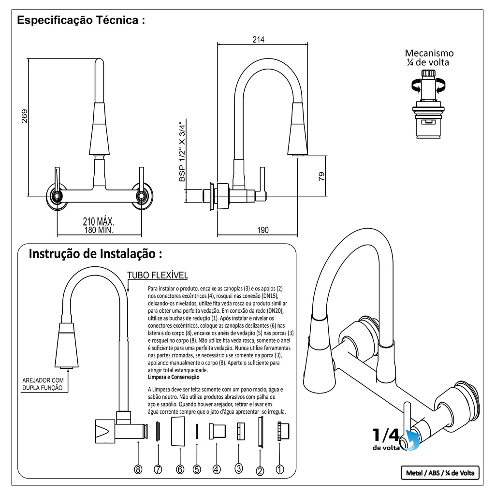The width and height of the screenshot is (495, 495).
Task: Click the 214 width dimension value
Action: (x=258, y=40)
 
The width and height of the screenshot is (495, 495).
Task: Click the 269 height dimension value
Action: (x=25, y=116)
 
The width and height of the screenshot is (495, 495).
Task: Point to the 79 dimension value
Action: (x=322, y=177)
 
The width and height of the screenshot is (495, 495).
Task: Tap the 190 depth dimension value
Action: (x=262, y=230)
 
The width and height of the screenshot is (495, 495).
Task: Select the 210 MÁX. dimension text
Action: (x=99, y=222)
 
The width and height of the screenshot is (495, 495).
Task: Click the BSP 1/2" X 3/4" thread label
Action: (x=182, y=151)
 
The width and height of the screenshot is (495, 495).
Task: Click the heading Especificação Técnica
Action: (x=81, y=20)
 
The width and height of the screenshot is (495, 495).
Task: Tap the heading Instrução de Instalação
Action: (x=96, y=254)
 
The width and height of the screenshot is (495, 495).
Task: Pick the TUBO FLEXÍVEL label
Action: (x=157, y=276)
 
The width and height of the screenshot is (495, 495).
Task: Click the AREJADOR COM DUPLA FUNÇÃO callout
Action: (x=44, y=384)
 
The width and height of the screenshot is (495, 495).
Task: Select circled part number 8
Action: (x=139, y=469)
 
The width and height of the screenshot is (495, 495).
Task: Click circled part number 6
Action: (x=180, y=469)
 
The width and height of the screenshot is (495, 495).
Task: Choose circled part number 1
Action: (x=279, y=469)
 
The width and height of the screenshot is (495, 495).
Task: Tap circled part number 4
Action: (x=217, y=469)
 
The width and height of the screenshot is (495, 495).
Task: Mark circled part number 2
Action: (x=260, y=471)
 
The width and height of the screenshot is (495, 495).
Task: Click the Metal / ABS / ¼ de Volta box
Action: (x=439, y=473)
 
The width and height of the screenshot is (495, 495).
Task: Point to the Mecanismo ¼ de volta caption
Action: (x=429, y=58)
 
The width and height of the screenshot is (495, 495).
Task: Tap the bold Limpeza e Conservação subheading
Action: (x=174, y=377)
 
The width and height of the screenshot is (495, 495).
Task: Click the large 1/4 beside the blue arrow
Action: (x=385, y=435)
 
